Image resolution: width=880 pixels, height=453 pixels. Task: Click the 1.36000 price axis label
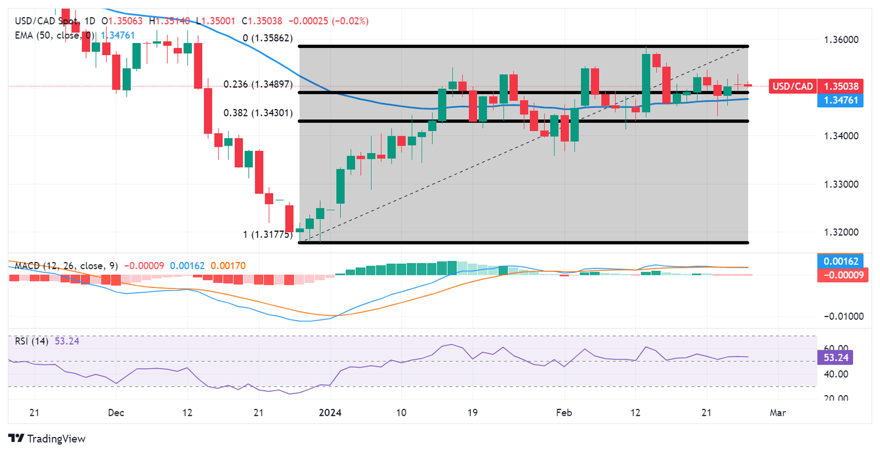(841, 40)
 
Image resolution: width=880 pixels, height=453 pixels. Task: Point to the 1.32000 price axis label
(841, 232)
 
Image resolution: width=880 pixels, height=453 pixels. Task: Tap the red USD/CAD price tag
(792, 87)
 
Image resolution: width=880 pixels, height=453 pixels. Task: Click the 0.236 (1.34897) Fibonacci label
(258, 84)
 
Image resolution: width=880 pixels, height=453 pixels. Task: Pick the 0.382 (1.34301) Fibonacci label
(258, 113)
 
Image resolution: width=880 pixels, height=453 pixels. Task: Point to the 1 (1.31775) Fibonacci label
(268, 235)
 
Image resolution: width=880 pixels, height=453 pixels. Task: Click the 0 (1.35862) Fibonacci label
(268, 38)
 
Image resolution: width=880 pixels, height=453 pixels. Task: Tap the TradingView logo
(47, 439)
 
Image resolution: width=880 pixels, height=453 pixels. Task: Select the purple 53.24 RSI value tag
(836, 358)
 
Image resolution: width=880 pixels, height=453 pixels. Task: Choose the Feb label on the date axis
(564, 412)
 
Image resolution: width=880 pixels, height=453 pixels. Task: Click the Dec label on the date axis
(116, 412)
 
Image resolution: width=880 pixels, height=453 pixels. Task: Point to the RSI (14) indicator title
(32, 341)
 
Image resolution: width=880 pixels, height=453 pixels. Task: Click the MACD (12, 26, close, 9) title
(66, 266)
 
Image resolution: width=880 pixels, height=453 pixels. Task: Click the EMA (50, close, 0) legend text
(54, 36)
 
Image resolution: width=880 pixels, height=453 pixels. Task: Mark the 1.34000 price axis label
(841, 136)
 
